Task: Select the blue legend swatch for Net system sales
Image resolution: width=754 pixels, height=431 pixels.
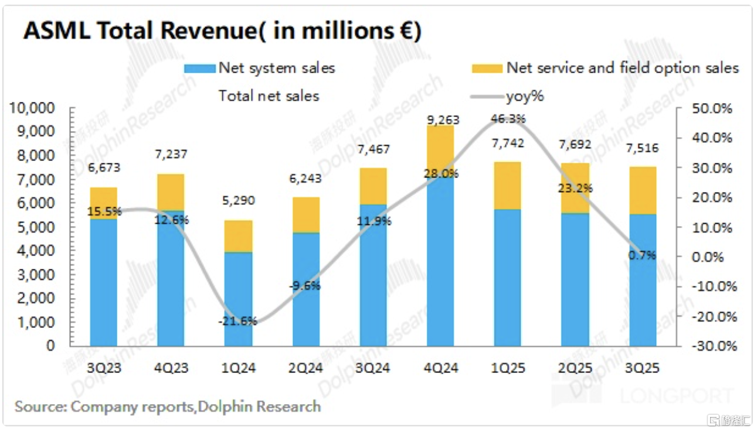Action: tap(199, 69)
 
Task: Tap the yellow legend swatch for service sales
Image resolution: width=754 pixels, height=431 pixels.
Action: tap(487, 69)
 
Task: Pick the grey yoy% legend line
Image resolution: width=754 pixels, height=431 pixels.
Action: tap(487, 96)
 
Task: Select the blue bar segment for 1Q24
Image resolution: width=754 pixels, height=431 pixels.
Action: tap(239, 299)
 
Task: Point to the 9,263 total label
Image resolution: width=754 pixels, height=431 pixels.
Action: tap(443, 121)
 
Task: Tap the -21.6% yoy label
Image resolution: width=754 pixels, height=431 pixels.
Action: tap(239, 320)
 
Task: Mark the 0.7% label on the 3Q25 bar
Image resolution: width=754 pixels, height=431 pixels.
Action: tap(643, 255)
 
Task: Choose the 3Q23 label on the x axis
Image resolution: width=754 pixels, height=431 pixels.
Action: tap(104, 368)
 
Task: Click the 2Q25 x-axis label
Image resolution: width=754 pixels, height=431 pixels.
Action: tap(575, 368)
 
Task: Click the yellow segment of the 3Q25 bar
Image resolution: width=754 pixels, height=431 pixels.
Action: tap(642, 190)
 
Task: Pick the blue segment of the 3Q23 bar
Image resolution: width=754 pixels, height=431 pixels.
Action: tap(104, 281)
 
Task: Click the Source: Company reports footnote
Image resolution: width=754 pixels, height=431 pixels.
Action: tap(168, 406)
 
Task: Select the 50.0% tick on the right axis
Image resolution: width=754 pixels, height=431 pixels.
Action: tap(713, 109)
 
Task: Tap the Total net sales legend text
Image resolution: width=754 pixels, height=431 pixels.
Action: tap(269, 96)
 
